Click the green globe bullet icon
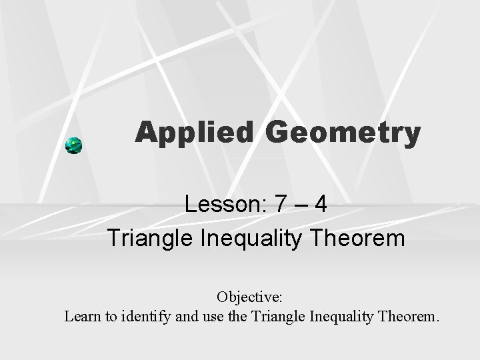(74, 145)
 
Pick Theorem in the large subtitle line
(361, 237)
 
